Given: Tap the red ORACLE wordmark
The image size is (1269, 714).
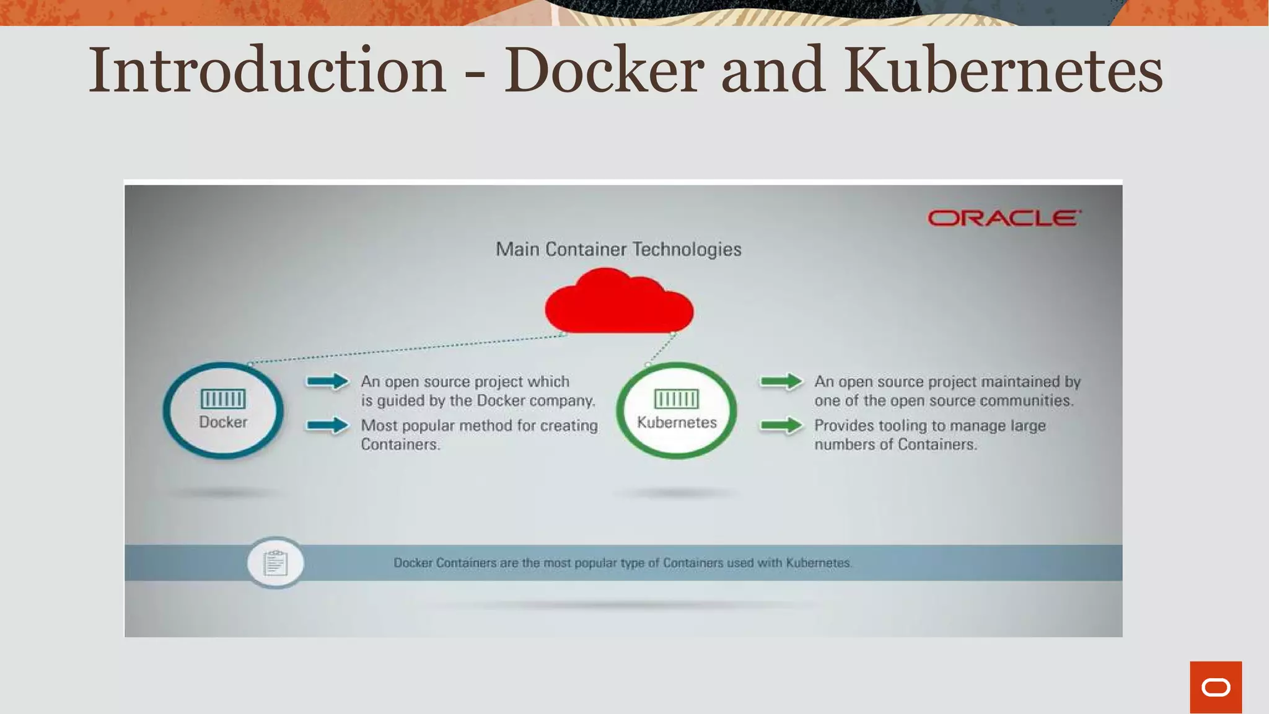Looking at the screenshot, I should click(x=1004, y=218).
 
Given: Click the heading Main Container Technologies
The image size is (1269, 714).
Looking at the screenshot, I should click(x=618, y=249).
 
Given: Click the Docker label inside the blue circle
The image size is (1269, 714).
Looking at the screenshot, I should click(x=223, y=422).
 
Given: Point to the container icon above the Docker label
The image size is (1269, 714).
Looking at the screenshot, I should click(x=223, y=399).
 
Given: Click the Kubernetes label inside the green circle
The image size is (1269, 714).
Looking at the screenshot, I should click(x=677, y=422).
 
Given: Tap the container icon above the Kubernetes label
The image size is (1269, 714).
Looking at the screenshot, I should click(x=677, y=399).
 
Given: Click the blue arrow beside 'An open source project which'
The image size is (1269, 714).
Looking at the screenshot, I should click(x=328, y=381).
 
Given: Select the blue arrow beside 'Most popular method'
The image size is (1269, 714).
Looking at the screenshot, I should click(x=328, y=425).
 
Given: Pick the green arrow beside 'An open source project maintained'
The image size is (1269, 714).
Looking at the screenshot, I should click(x=781, y=381).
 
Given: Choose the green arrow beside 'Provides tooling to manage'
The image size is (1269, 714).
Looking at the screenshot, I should click(x=781, y=425).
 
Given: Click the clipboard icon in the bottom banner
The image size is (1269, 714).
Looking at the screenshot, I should click(x=276, y=563).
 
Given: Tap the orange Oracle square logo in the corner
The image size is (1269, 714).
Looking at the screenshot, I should click(x=1216, y=687).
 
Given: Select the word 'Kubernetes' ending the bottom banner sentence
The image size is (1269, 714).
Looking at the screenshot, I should click(x=819, y=563).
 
